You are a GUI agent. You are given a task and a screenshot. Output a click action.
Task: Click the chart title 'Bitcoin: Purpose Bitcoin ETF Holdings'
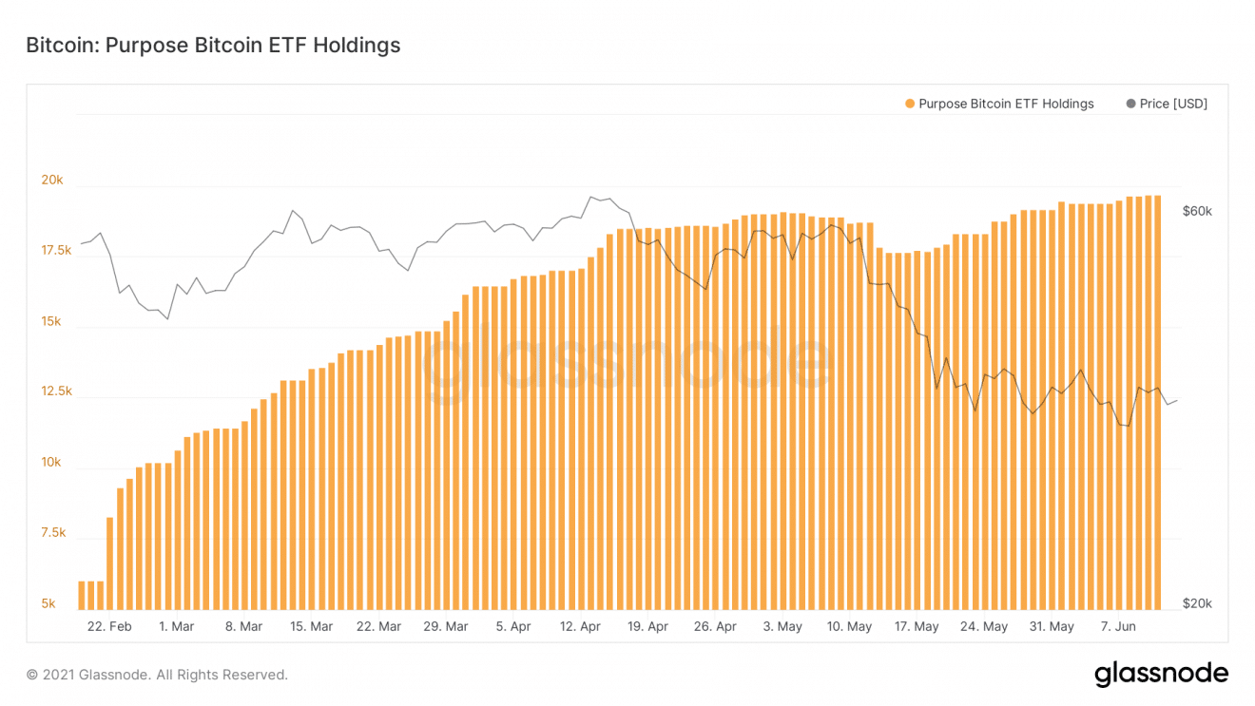[x=213, y=46]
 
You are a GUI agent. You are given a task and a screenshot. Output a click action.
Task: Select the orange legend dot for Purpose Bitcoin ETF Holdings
[x=910, y=104]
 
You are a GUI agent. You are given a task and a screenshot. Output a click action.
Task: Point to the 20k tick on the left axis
[x=51, y=181]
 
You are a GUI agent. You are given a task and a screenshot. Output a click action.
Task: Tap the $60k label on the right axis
[x=1197, y=211]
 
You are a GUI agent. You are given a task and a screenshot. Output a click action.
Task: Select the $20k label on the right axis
[x=1197, y=603]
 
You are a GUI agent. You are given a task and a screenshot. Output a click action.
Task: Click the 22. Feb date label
[x=108, y=626]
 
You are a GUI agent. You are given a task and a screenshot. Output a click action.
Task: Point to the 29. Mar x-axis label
[x=445, y=626]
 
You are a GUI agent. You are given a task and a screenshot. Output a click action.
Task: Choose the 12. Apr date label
[x=580, y=626]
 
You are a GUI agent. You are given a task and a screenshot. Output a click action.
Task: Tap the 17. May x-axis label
[x=917, y=626]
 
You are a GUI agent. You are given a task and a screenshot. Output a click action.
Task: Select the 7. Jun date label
[x=1118, y=626]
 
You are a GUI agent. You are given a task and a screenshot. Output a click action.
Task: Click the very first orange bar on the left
[x=82, y=595]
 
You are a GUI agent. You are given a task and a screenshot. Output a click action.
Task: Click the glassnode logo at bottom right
[x=1161, y=675]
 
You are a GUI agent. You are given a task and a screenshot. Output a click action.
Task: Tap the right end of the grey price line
[x=1177, y=401]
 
